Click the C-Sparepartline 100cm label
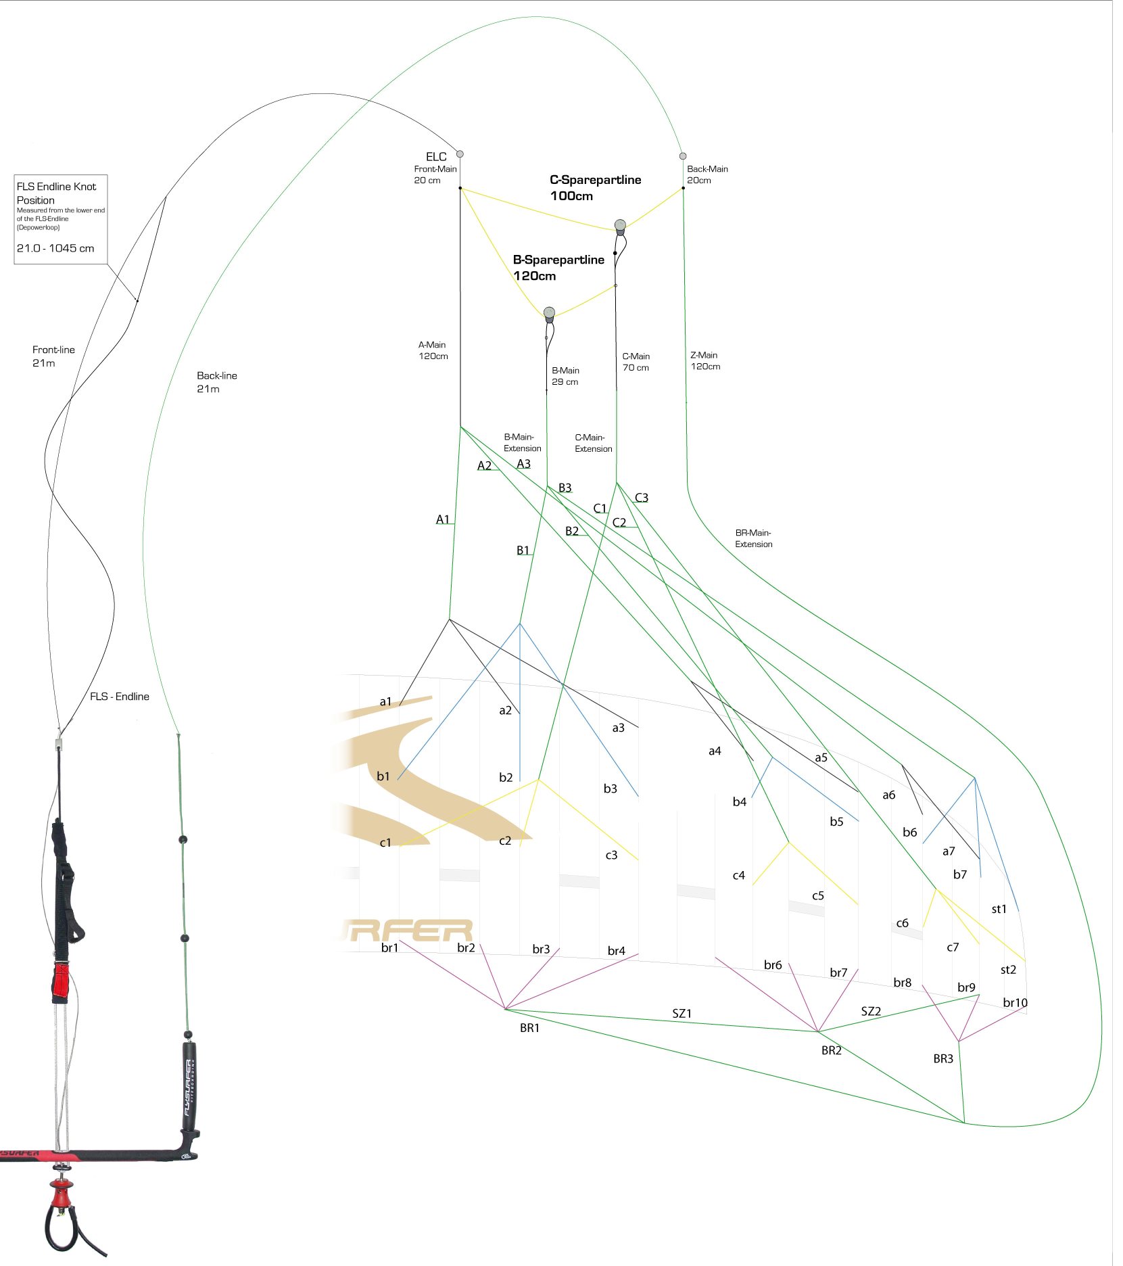(595, 187)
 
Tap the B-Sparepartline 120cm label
(558, 267)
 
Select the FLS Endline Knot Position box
(61, 218)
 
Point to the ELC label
(436, 156)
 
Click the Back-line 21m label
(216, 381)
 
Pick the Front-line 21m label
(53, 356)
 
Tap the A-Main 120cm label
(433, 350)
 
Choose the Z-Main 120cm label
(704, 360)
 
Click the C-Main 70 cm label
(636, 362)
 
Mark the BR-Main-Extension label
(753, 538)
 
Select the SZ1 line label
(682, 1013)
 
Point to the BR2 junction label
(831, 1050)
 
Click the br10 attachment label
(1015, 1002)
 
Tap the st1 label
(999, 909)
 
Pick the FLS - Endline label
(119, 697)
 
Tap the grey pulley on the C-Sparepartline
(620, 225)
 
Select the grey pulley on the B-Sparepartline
(549, 312)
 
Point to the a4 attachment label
(715, 751)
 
